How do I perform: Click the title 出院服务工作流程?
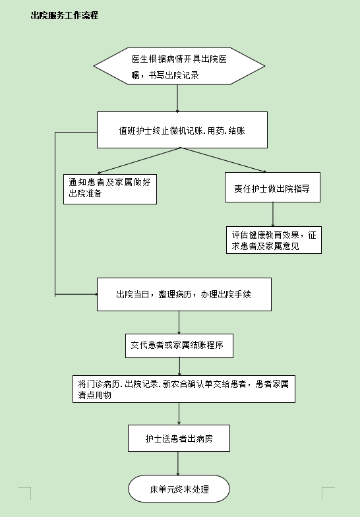click(65, 16)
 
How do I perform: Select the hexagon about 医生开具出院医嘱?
click(179, 66)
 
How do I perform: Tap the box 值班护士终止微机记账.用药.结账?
click(182, 130)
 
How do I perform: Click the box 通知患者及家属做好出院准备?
click(109, 189)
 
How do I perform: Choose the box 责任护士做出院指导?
click(272, 187)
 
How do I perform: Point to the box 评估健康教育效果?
click(274, 240)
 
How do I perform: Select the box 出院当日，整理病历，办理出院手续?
click(184, 294)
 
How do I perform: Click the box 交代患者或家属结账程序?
click(179, 346)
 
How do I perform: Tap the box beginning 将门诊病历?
click(183, 389)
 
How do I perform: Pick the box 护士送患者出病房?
click(179, 438)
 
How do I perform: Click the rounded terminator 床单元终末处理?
click(179, 489)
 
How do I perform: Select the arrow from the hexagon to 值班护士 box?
click(177, 98)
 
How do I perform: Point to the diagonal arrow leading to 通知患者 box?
click(138, 161)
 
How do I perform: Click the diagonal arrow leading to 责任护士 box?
click(224, 160)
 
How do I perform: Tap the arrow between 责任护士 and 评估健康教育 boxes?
click(273, 214)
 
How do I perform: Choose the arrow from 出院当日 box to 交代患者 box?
click(179, 322)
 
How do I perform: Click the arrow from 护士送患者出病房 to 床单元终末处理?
click(178, 463)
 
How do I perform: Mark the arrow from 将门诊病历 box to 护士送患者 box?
click(179, 414)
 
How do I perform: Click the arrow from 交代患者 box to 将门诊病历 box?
click(179, 367)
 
